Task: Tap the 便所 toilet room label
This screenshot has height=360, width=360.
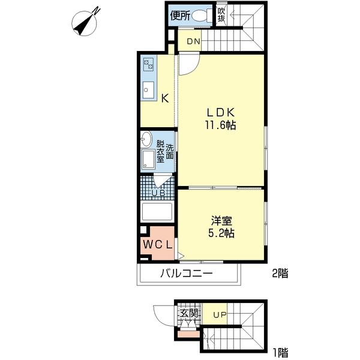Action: point(181,16)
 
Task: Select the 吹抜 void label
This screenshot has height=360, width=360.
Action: point(221,14)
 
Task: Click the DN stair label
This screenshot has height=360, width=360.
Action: point(193,41)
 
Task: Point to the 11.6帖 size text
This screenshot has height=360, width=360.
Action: point(221,125)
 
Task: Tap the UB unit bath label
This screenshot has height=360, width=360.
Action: point(158,193)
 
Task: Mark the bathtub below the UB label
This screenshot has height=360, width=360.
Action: point(157,212)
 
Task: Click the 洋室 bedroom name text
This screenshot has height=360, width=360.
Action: point(221,220)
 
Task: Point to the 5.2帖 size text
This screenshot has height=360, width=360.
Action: point(221,233)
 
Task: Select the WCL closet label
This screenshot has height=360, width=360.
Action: point(157,245)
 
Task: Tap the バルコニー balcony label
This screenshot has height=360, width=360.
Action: point(186,274)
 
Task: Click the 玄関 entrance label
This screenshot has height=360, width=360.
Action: point(188,313)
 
